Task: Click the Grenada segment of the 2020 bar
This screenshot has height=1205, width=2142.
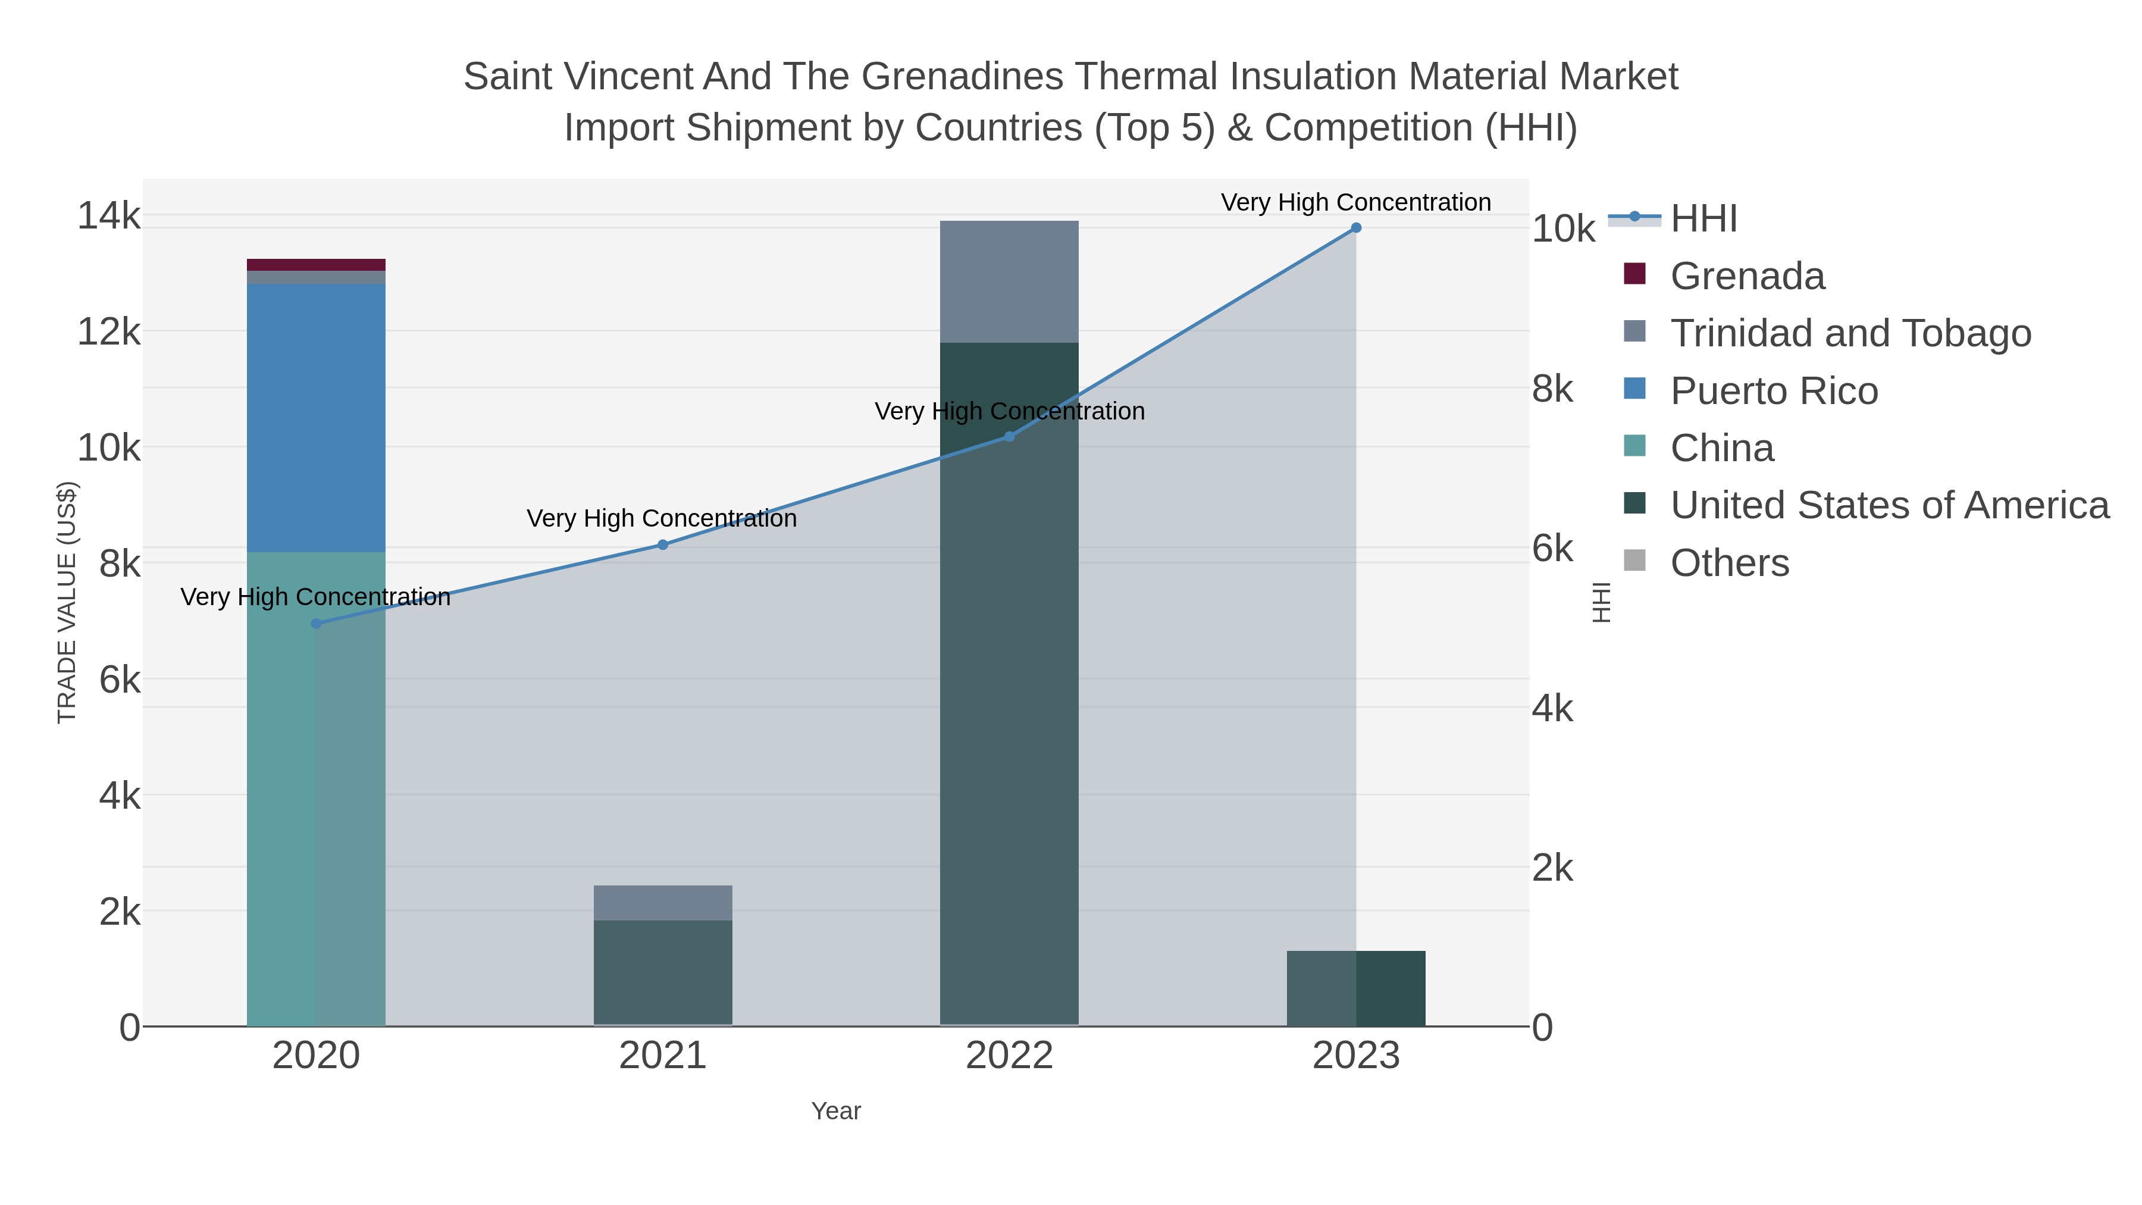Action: tap(316, 264)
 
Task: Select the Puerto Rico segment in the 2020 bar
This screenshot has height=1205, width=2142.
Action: tap(316, 418)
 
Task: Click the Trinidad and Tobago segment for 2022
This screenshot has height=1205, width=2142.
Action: tap(1009, 281)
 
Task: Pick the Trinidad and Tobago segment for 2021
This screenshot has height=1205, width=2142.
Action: tap(663, 902)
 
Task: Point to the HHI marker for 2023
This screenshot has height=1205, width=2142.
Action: tap(1355, 228)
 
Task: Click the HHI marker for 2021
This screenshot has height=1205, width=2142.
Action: tap(663, 544)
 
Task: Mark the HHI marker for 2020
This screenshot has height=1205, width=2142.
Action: tap(316, 624)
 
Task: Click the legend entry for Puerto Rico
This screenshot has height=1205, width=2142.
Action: tap(1773, 391)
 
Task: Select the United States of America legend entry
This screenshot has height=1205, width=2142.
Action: tap(1889, 506)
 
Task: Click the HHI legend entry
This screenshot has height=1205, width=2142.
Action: tap(1703, 219)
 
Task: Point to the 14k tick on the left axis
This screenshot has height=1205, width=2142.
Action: tap(109, 216)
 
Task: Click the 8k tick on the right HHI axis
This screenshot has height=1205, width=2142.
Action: tap(1552, 389)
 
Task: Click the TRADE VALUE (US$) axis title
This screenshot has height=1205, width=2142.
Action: tap(67, 603)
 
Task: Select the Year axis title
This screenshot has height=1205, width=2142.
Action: tap(836, 1111)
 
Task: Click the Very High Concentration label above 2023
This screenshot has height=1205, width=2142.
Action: tap(1355, 202)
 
